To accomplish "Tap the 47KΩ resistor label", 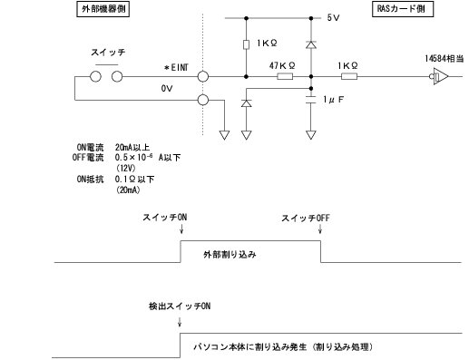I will coord(283,65).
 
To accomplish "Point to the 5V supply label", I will coord(333,17).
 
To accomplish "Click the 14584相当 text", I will coord(445,57).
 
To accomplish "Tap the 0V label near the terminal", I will coord(166,89).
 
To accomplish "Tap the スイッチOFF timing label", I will coord(303,219).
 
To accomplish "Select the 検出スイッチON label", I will coord(179,306).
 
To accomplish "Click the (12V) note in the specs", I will coord(126,169).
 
